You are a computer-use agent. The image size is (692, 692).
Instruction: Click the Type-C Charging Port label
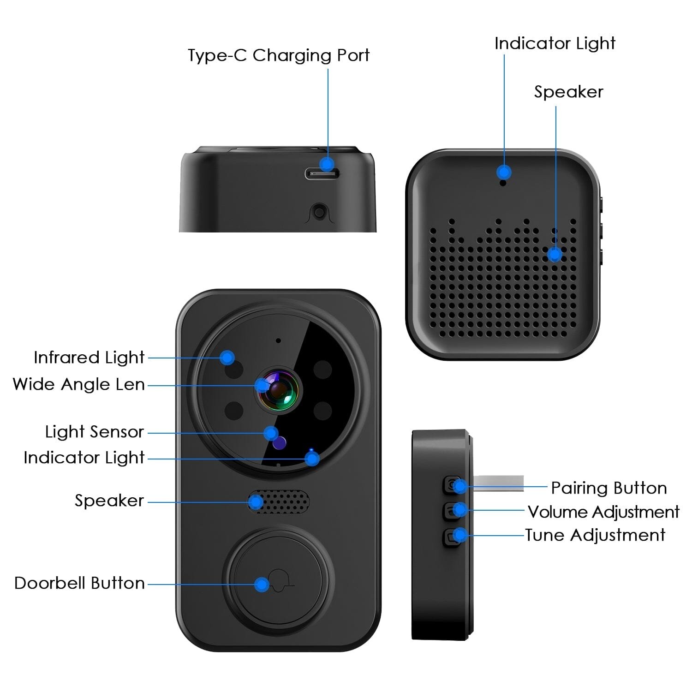click(x=278, y=55)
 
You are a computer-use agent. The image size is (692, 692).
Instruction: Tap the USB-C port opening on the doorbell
click(x=322, y=174)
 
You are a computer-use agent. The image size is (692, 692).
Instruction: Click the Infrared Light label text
click(x=89, y=358)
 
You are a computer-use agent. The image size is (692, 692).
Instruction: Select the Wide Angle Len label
click(x=79, y=384)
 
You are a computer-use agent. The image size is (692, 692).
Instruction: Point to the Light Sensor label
click(x=95, y=432)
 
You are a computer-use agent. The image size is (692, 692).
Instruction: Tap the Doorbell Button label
click(x=80, y=583)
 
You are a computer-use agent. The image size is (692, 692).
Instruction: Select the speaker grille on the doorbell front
click(x=279, y=502)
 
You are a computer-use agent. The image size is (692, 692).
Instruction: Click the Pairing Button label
click(x=609, y=488)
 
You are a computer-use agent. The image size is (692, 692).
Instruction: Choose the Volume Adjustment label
click(x=603, y=512)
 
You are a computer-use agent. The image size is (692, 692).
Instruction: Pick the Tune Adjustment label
click(x=595, y=535)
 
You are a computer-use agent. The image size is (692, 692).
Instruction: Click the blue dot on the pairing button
click(x=459, y=486)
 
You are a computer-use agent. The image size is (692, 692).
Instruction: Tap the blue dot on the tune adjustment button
click(x=459, y=535)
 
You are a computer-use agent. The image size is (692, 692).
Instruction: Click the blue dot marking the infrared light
click(x=227, y=357)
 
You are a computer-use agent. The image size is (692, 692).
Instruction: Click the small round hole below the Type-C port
click(x=318, y=212)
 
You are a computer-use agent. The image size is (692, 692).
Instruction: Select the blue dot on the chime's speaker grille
click(x=555, y=254)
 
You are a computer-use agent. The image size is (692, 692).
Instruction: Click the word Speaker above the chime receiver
click(x=568, y=92)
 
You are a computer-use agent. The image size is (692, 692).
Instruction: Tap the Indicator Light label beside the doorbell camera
click(x=84, y=458)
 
